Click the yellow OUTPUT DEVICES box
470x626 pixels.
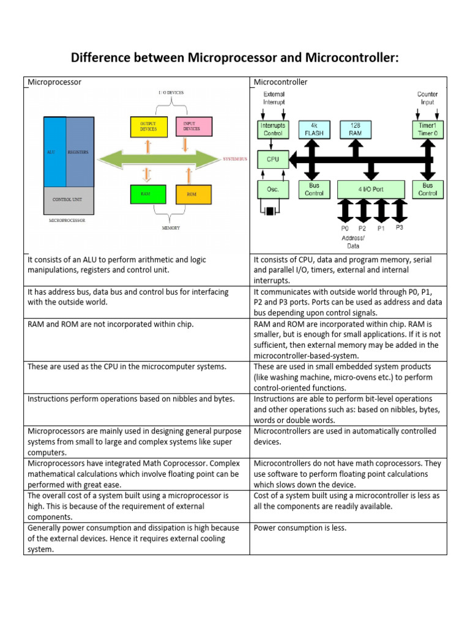coord(148,127)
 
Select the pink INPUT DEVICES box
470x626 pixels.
coord(194,127)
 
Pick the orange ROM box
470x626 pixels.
coord(194,194)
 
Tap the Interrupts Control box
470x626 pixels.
coord(273,129)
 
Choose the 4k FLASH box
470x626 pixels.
coord(314,129)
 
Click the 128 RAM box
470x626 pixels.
coord(354,129)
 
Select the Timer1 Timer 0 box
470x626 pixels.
coord(427,129)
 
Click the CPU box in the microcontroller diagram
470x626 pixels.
coord(273,160)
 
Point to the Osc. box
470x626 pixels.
coord(273,190)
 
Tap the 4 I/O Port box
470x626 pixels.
coord(371,190)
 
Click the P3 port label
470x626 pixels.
coord(399,227)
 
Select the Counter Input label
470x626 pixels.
coord(427,98)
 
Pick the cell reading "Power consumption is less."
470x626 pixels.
coord(300,528)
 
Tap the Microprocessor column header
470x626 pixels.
coord(54,82)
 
